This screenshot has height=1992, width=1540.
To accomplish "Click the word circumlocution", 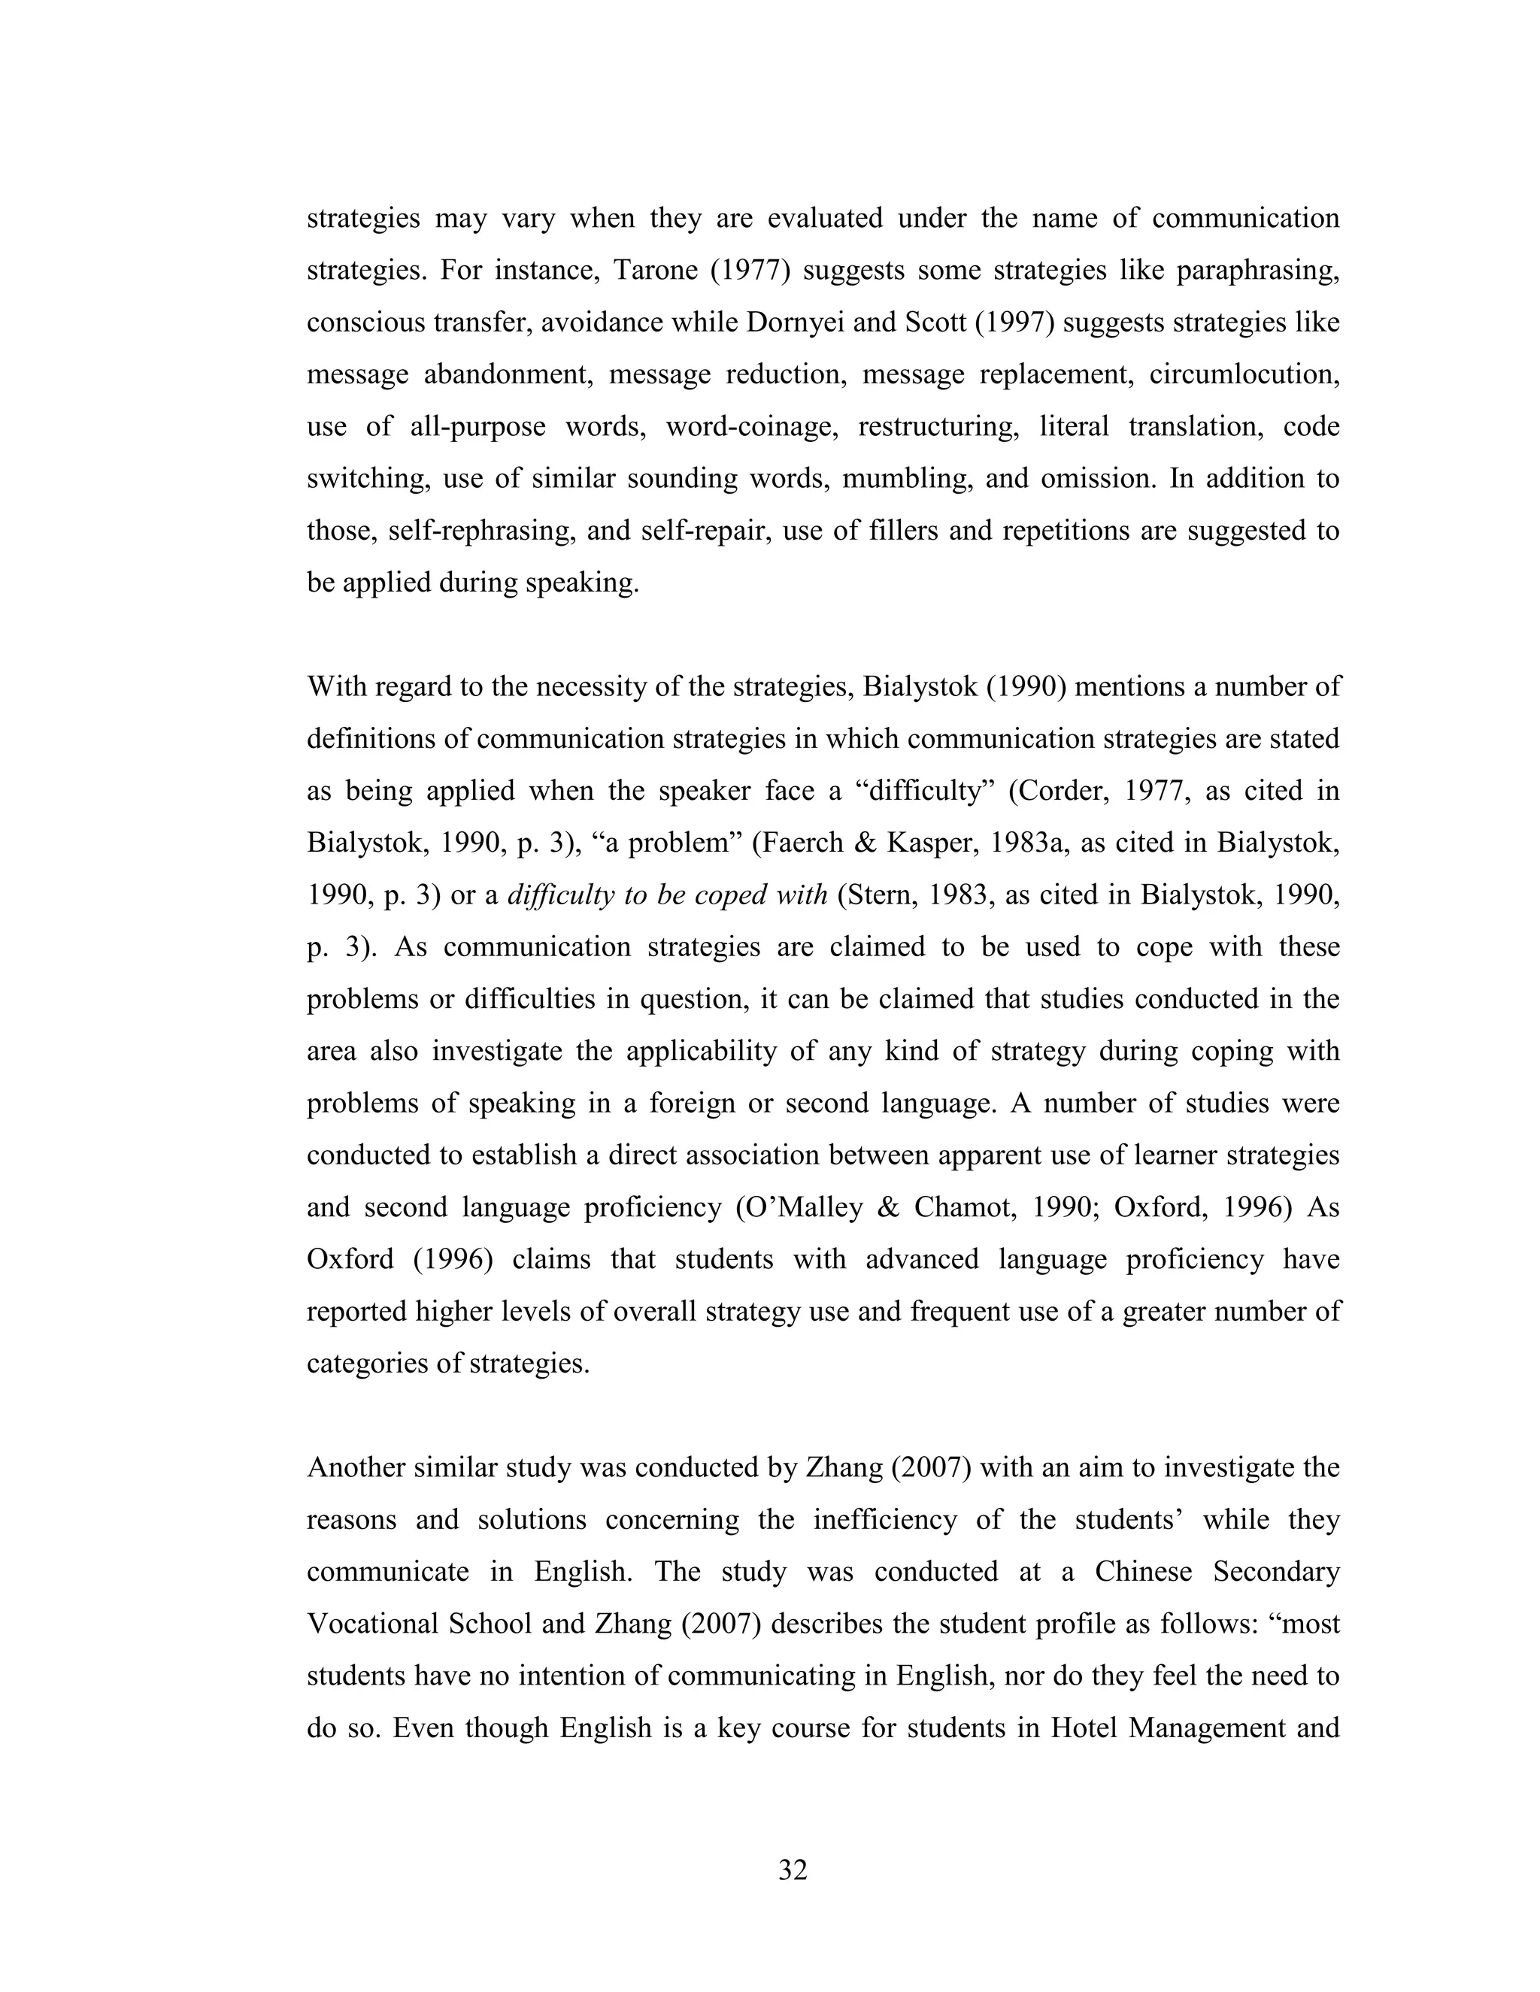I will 1244,375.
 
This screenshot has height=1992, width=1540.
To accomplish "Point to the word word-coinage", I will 752,427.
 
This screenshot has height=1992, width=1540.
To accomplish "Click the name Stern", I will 882,895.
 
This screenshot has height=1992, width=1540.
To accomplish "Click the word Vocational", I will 372,1624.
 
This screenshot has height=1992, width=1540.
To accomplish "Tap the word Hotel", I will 1084,1728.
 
